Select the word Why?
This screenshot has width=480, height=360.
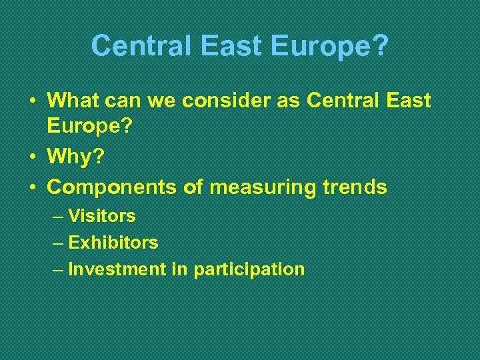click(75, 157)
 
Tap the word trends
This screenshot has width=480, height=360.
click(358, 187)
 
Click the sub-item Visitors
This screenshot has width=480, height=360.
click(102, 216)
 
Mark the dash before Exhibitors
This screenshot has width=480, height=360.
click(57, 243)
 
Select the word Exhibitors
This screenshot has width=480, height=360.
click(113, 243)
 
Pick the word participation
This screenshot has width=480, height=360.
click(249, 270)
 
